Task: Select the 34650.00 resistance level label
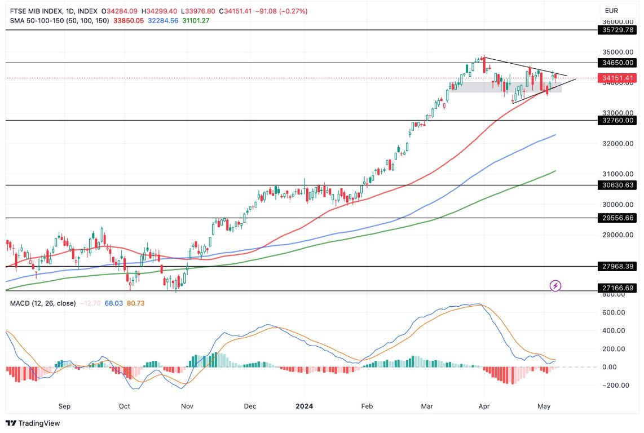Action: click(618, 63)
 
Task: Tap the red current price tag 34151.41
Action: click(618, 78)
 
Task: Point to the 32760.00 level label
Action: click(618, 120)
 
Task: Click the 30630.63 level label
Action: click(618, 185)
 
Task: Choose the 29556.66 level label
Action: click(618, 218)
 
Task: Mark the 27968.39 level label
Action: click(618, 266)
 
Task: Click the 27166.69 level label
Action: click(618, 288)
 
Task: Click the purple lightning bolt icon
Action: click(555, 286)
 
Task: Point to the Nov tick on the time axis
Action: click(186, 406)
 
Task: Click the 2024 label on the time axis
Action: click(305, 406)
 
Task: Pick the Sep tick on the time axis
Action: click(64, 406)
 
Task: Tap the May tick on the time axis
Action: click(544, 406)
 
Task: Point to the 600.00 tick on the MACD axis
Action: click(614, 312)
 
